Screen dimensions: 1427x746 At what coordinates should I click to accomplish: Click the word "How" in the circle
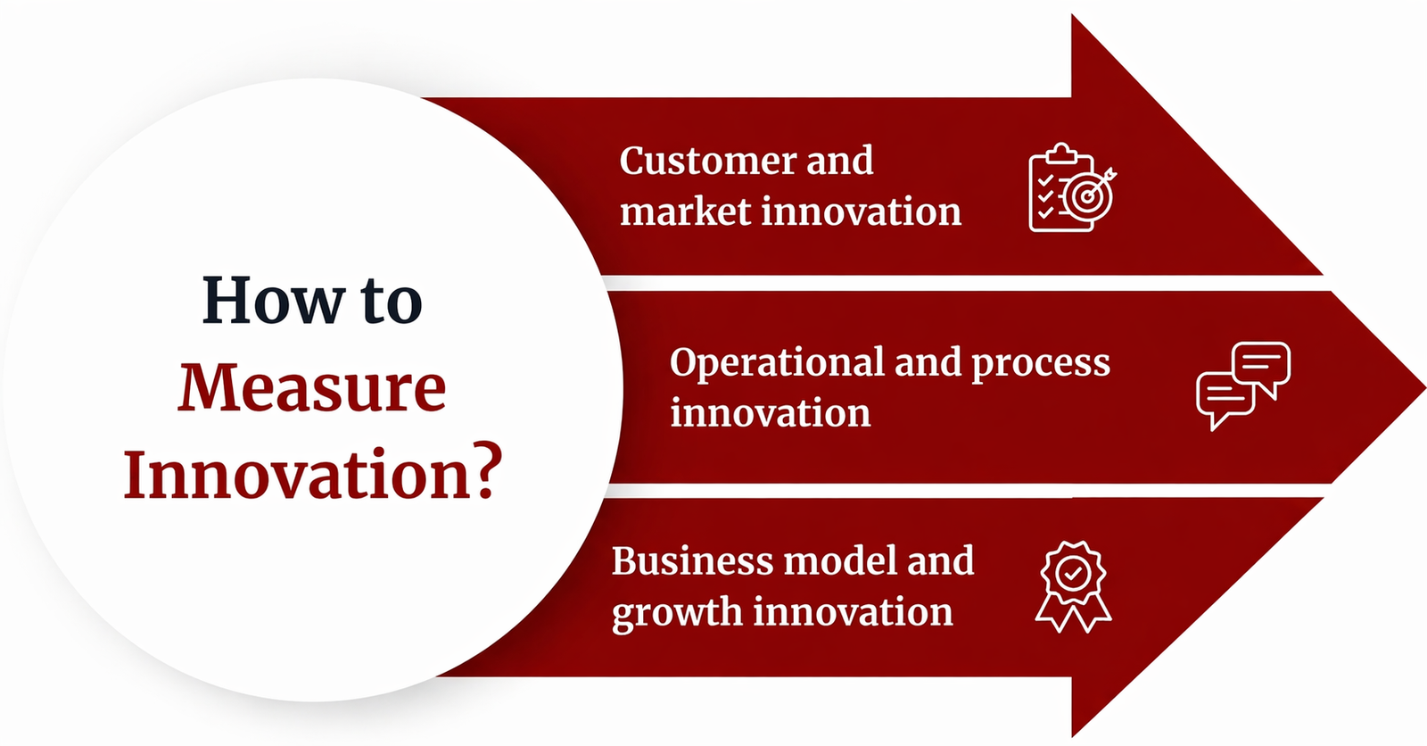[x=274, y=301]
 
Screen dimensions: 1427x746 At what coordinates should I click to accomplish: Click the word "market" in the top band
[x=686, y=211]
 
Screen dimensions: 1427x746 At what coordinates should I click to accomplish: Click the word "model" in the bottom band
[x=840, y=561]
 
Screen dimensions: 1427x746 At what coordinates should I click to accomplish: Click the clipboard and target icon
[x=1073, y=187]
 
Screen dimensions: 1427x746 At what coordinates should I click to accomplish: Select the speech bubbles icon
[x=1243, y=385]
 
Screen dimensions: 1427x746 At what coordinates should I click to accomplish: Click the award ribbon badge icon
[x=1074, y=586]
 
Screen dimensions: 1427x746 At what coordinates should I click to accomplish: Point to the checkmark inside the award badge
[x=1074, y=573]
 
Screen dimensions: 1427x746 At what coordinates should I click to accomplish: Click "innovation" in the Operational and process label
[x=771, y=413]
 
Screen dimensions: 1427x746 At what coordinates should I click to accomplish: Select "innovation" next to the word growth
[x=853, y=612]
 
